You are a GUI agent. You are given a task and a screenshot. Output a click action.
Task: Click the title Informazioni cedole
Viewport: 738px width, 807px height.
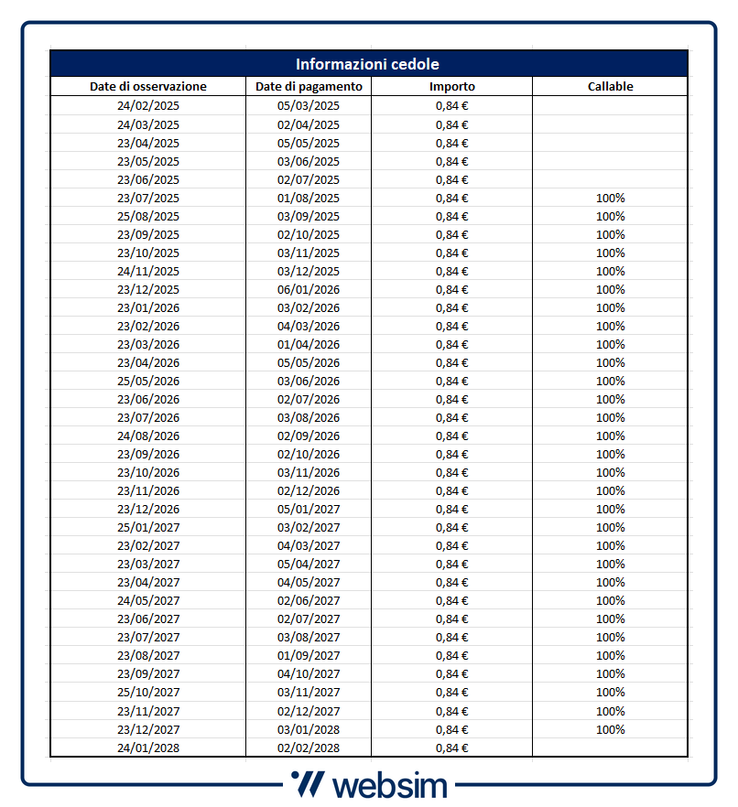tap(367, 64)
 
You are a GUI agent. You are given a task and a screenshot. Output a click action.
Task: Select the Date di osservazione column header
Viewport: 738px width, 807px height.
tap(148, 87)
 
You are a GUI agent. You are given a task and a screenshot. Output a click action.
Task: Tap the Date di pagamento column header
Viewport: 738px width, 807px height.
tap(309, 87)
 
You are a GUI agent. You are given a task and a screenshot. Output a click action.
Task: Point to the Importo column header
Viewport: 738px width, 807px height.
tap(452, 87)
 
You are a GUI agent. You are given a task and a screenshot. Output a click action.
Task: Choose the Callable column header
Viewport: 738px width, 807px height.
tap(611, 87)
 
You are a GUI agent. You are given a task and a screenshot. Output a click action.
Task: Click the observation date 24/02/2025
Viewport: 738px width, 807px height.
tap(148, 106)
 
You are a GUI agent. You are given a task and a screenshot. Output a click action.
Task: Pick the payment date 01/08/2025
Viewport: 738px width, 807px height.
tap(309, 198)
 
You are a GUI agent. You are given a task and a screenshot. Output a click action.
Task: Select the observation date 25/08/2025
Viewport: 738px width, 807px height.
tap(148, 216)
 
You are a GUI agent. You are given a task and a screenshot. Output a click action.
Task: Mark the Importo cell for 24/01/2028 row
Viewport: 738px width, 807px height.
tap(452, 748)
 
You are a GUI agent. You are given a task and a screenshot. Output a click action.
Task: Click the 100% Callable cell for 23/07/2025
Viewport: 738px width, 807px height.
tap(611, 198)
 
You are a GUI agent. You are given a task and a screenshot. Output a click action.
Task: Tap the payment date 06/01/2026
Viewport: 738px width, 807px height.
tap(309, 289)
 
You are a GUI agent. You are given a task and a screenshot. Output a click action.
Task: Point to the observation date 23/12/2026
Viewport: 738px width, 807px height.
tap(148, 509)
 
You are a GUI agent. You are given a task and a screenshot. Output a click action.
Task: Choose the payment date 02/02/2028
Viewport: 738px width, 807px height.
tap(309, 748)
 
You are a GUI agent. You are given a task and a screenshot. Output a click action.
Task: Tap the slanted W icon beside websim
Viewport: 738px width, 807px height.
tap(306, 784)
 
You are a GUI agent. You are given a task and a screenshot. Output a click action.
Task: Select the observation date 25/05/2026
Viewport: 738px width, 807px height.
tap(148, 381)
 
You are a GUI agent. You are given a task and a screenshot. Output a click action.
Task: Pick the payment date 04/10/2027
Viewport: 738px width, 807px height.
tap(309, 673)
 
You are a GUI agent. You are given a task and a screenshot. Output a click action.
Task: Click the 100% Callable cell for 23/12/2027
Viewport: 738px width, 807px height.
tap(611, 729)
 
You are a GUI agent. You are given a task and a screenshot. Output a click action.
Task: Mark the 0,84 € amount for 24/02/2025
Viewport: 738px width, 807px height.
tap(452, 106)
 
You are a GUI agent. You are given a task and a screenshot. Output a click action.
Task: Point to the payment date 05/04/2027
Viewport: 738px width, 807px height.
tap(309, 564)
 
